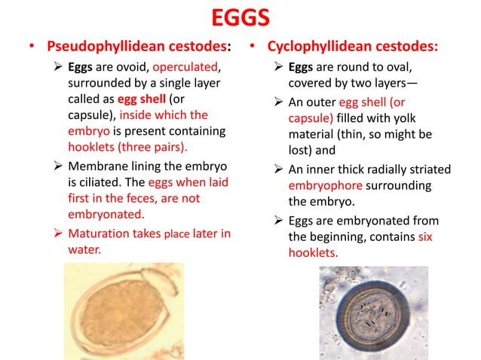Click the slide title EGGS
click(240, 17)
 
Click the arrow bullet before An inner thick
click(277, 168)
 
